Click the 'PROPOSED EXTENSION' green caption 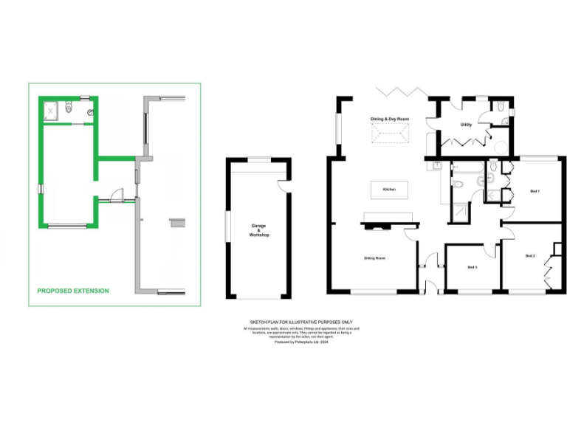pyautogui.click(x=73, y=291)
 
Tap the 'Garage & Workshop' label pyautogui.click(x=259, y=230)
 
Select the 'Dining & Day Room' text pyautogui.click(x=389, y=119)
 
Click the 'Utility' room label pyautogui.click(x=466, y=125)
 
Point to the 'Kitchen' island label pyautogui.click(x=389, y=190)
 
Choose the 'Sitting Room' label pyautogui.click(x=374, y=258)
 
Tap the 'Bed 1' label pyautogui.click(x=535, y=191)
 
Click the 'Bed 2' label pyautogui.click(x=529, y=255)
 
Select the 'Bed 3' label pyautogui.click(x=472, y=266)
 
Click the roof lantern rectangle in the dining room pyautogui.click(x=389, y=136)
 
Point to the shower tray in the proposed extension pyautogui.click(x=52, y=111)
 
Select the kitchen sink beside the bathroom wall pyautogui.click(x=438, y=166)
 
